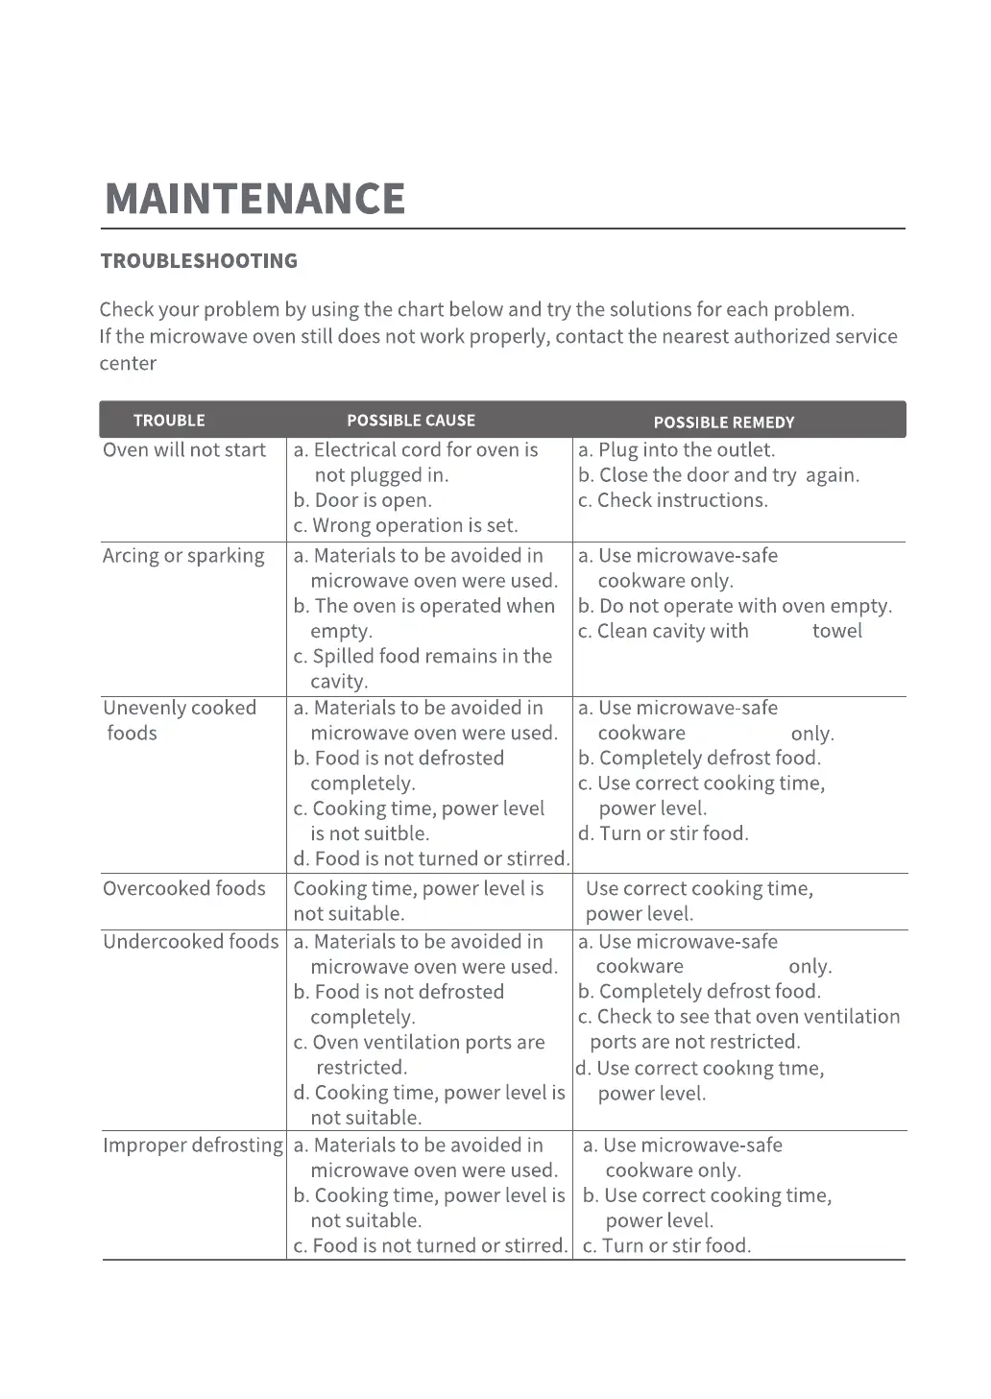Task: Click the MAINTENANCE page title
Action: click(254, 199)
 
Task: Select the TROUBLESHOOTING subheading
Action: click(199, 261)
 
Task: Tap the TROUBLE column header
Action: click(169, 421)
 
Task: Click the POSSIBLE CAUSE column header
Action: click(411, 421)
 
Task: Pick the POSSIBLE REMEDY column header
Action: click(724, 422)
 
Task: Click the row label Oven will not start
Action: click(184, 450)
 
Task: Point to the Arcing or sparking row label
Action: click(183, 556)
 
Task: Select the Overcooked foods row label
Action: click(184, 889)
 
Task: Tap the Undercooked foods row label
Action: click(191, 942)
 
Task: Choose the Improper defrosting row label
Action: click(193, 1146)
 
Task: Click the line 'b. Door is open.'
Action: click(363, 500)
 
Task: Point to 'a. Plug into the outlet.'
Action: click(677, 450)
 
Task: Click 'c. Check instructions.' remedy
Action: click(673, 500)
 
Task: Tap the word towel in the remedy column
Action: click(837, 631)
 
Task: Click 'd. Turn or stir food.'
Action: click(664, 833)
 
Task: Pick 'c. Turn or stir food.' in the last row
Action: click(667, 1246)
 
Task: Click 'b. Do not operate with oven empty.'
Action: click(736, 606)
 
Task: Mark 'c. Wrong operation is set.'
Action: click(406, 525)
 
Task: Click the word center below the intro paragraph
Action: click(128, 363)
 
